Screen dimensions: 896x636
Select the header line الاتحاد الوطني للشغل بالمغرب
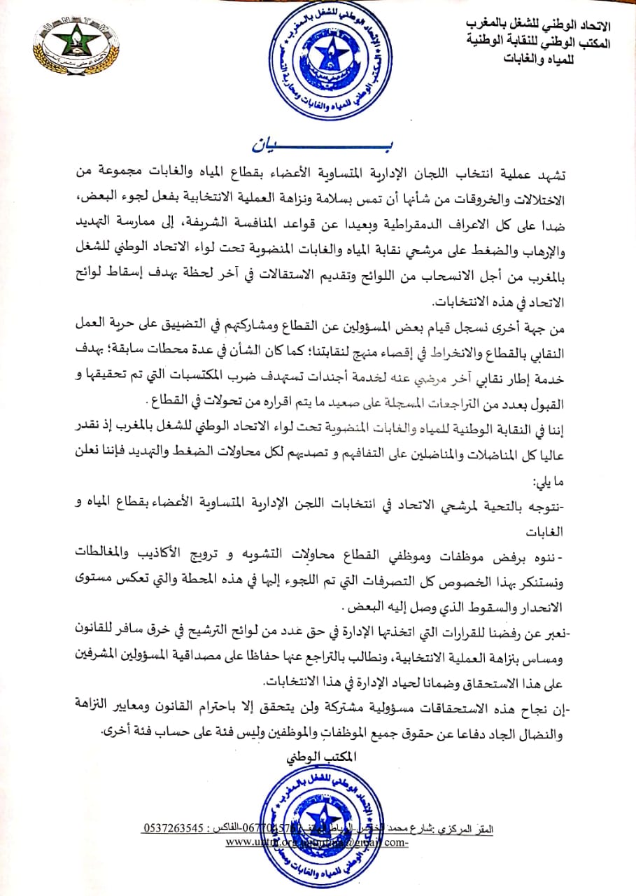pos(538,26)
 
